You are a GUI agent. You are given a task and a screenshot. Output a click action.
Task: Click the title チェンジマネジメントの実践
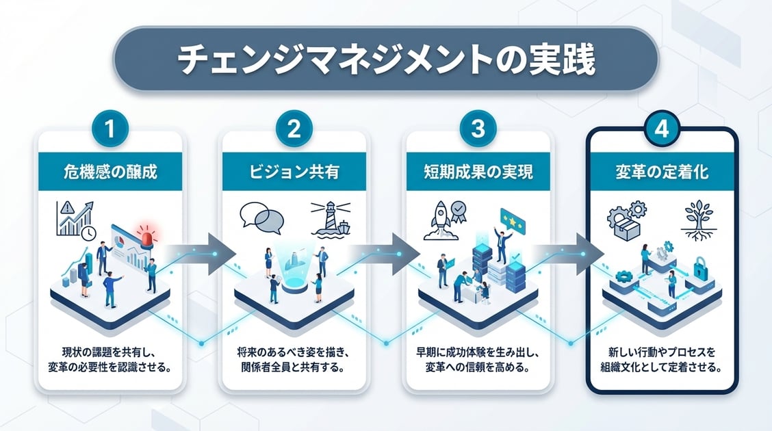(386, 60)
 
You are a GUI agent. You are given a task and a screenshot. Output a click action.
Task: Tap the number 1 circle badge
(110, 130)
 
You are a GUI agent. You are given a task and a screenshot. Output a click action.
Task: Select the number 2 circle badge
(294, 130)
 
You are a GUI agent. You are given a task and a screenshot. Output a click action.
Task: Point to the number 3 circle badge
(478, 130)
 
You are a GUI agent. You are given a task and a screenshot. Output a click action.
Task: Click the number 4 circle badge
(662, 130)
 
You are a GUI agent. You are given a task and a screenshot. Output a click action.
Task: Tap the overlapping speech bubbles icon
(262, 217)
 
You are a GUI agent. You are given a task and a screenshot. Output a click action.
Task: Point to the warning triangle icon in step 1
(67, 209)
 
